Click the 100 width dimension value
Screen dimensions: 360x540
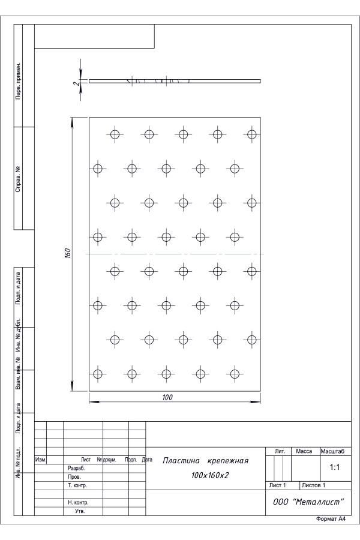coord(167,397)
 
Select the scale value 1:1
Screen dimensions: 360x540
coord(335,467)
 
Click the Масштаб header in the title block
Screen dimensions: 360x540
coord(332,451)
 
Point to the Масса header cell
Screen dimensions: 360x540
coord(304,451)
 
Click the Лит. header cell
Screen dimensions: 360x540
coord(280,451)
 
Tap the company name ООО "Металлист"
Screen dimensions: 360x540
coord(308,502)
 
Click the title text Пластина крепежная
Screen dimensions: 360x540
coord(205,461)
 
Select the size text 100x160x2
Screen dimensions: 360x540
coord(210,476)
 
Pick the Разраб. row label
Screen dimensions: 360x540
coord(76,469)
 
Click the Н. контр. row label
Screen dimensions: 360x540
coord(78,502)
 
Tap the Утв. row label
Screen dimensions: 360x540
coord(80,511)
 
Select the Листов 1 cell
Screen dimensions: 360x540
coord(313,485)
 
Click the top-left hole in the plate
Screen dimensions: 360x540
coord(115,134)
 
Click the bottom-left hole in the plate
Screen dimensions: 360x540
coord(98,374)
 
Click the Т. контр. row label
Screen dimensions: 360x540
coord(77,485)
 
